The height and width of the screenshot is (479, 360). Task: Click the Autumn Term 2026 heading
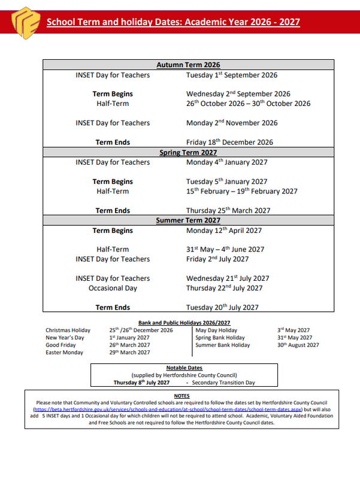(188, 65)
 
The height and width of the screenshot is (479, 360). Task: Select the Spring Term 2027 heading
(188, 153)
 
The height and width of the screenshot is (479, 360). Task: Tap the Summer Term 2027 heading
(188, 220)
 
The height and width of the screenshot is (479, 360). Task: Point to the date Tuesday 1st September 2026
(231, 75)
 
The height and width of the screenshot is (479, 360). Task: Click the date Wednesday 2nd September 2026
(238, 94)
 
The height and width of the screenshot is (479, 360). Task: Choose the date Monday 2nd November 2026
(232, 123)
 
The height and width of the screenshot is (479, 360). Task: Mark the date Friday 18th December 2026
(229, 143)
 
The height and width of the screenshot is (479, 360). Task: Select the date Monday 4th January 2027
(226, 162)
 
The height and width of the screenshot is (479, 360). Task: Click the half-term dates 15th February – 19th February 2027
(241, 192)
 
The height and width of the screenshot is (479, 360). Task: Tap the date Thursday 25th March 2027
(228, 211)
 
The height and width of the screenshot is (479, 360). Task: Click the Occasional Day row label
(113, 288)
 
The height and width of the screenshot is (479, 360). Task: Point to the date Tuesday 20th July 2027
(222, 307)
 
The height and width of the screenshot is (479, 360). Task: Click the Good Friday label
(60, 345)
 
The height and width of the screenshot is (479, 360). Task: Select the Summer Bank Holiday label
(223, 345)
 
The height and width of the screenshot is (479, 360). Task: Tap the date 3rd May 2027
(294, 330)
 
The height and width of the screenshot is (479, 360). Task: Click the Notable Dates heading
(184, 368)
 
